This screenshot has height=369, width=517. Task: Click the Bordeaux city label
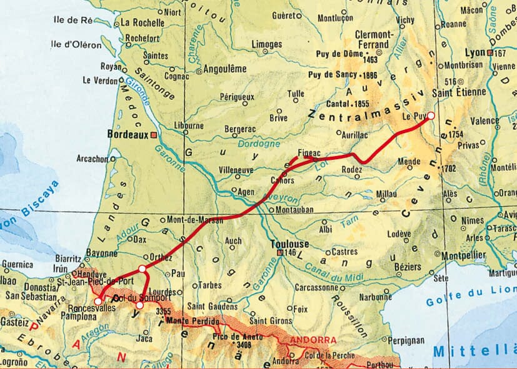128,134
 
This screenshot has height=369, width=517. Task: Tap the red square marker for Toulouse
280,252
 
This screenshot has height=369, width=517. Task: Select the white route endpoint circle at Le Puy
430,116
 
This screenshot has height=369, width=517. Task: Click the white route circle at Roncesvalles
98,302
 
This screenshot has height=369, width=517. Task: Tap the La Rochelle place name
142,23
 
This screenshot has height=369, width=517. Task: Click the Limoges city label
267,44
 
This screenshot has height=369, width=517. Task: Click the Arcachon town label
93,159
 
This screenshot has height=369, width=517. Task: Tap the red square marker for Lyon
490,54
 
